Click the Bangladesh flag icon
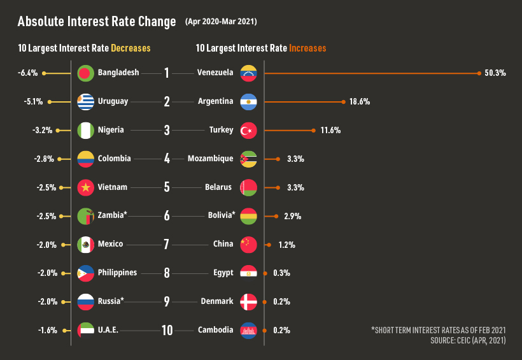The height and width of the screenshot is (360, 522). coord(85,73)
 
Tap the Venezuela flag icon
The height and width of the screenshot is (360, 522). coord(248,73)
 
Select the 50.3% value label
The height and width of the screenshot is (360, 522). coord(495,73)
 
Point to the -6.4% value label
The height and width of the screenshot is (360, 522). coord(28,73)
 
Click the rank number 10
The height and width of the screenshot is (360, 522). coord(167,330)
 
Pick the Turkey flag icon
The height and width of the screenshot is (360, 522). coord(248,130)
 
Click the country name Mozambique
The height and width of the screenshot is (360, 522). coord(210,159)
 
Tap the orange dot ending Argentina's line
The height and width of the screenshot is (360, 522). coord(343,102)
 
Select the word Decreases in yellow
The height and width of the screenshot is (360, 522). coord(130,48)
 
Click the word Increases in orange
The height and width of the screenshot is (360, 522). coord(307,48)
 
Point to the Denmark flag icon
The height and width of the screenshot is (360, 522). coord(248,301)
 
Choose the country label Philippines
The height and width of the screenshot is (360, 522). coord(117,273)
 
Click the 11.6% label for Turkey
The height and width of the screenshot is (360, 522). coord(330,131)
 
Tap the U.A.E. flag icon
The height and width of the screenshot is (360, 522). coord(85,330)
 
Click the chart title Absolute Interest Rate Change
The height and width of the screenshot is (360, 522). coord(97,22)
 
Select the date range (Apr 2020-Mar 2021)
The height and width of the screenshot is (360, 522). coord(221,22)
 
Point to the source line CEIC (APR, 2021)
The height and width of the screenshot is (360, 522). coord(468,341)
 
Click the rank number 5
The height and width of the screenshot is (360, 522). coord(167,187)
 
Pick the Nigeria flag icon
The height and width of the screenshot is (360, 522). coord(85,130)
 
